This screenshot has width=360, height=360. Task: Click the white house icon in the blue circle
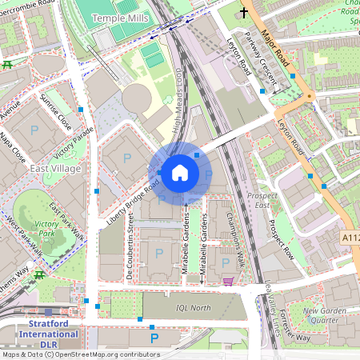click(x=180, y=172)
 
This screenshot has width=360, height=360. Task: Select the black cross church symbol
click(x=243, y=14)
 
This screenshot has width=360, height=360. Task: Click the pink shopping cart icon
click(x=230, y=281)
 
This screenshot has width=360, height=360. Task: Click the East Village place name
click(x=54, y=170)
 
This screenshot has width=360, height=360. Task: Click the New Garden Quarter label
click(x=324, y=315)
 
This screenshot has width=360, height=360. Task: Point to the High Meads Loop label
click(x=179, y=96)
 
